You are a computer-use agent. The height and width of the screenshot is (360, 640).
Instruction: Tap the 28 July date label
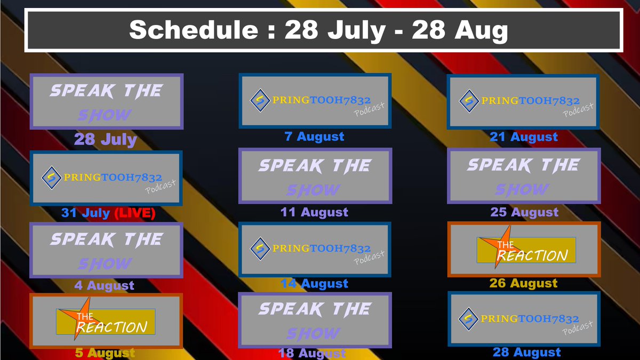click(106, 140)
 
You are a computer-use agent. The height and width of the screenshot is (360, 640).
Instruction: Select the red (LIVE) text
click(134, 213)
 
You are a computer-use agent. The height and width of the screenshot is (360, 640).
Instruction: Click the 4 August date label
click(105, 285)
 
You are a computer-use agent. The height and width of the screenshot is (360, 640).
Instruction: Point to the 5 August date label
click(105, 353)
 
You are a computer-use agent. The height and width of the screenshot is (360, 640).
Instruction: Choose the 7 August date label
click(315, 137)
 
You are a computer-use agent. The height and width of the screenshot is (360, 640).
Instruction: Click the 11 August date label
click(314, 212)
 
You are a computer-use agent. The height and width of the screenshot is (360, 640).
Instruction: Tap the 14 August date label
click(314, 284)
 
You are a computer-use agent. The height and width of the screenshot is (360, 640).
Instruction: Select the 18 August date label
click(312, 353)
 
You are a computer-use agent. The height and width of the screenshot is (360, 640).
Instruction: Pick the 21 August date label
click(524, 137)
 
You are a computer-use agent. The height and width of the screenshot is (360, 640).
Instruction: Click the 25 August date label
click(524, 212)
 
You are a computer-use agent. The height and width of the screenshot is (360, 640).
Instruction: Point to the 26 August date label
click(524, 283)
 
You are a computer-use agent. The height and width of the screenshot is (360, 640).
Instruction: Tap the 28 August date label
click(527, 352)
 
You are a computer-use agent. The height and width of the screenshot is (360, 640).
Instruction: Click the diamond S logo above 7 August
click(260, 100)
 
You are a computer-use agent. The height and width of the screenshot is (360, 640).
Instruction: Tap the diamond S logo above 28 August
click(468, 318)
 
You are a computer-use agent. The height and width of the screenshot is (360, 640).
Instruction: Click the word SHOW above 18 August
click(313, 333)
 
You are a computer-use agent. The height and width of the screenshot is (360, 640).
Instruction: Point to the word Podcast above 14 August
click(370, 258)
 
